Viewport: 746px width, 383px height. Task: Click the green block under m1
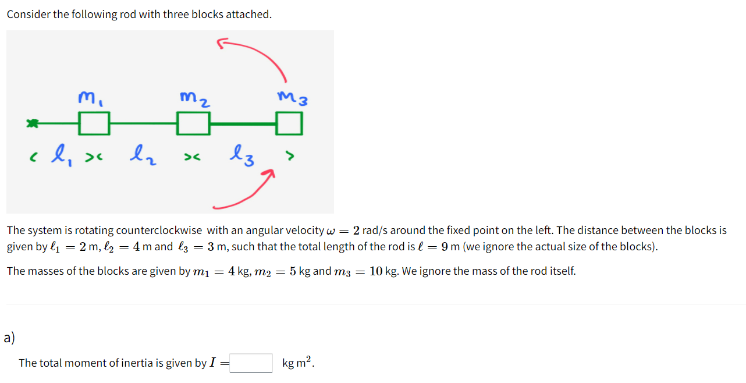point(94,123)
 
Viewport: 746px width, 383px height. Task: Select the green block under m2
point(193,123)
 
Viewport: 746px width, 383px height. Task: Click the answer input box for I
point(251,363)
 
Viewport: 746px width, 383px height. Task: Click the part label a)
point(9,338)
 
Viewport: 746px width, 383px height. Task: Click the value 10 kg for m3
point(383,271)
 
